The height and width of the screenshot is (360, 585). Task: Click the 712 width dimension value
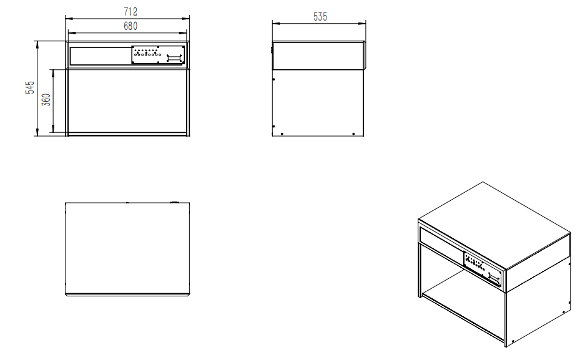pyautogui.click(x=130, y=12)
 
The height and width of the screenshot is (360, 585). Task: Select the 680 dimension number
pyautogui.click(x=130, y=26)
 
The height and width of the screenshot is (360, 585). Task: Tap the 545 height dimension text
pyautogui.click(x=29, y=87)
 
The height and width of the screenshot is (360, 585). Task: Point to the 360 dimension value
pyautogui.click(x=46, y=101)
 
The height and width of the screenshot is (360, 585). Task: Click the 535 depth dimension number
pyautogui.click(x=320, y=17)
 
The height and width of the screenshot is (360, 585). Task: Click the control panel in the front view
pyautogui.click(x=159, y=55)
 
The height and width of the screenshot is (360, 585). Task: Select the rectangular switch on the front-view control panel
pyautogui.click(x=174, y=57)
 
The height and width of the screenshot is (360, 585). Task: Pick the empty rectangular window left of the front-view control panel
pyautogui.click(x=100, y=56)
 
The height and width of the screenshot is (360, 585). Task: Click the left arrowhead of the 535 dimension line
pyautogui.click(x=274, y=24)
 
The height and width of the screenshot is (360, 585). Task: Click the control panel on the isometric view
pyautogui.click(x=483, y=266)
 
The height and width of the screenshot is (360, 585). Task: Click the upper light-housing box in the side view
pyautogui.click(x=318, y=56)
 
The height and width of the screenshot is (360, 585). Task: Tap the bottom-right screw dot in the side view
pyautogui.click(x=354, y=133)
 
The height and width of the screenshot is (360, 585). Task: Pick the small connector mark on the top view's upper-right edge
pyautogui.click(x=174, y=202)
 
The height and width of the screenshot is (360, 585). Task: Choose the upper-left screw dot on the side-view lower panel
pyautogui.click(x=275, y=79)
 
